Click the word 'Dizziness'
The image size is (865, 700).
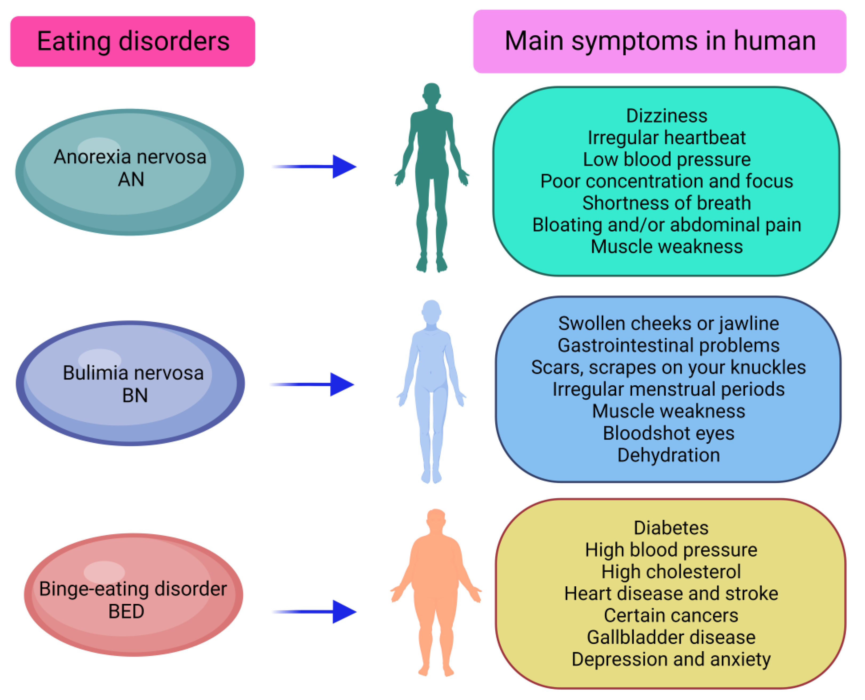666,116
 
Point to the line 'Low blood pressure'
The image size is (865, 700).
666,160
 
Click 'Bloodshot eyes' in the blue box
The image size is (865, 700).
668,433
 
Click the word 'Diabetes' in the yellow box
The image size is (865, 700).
671,528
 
